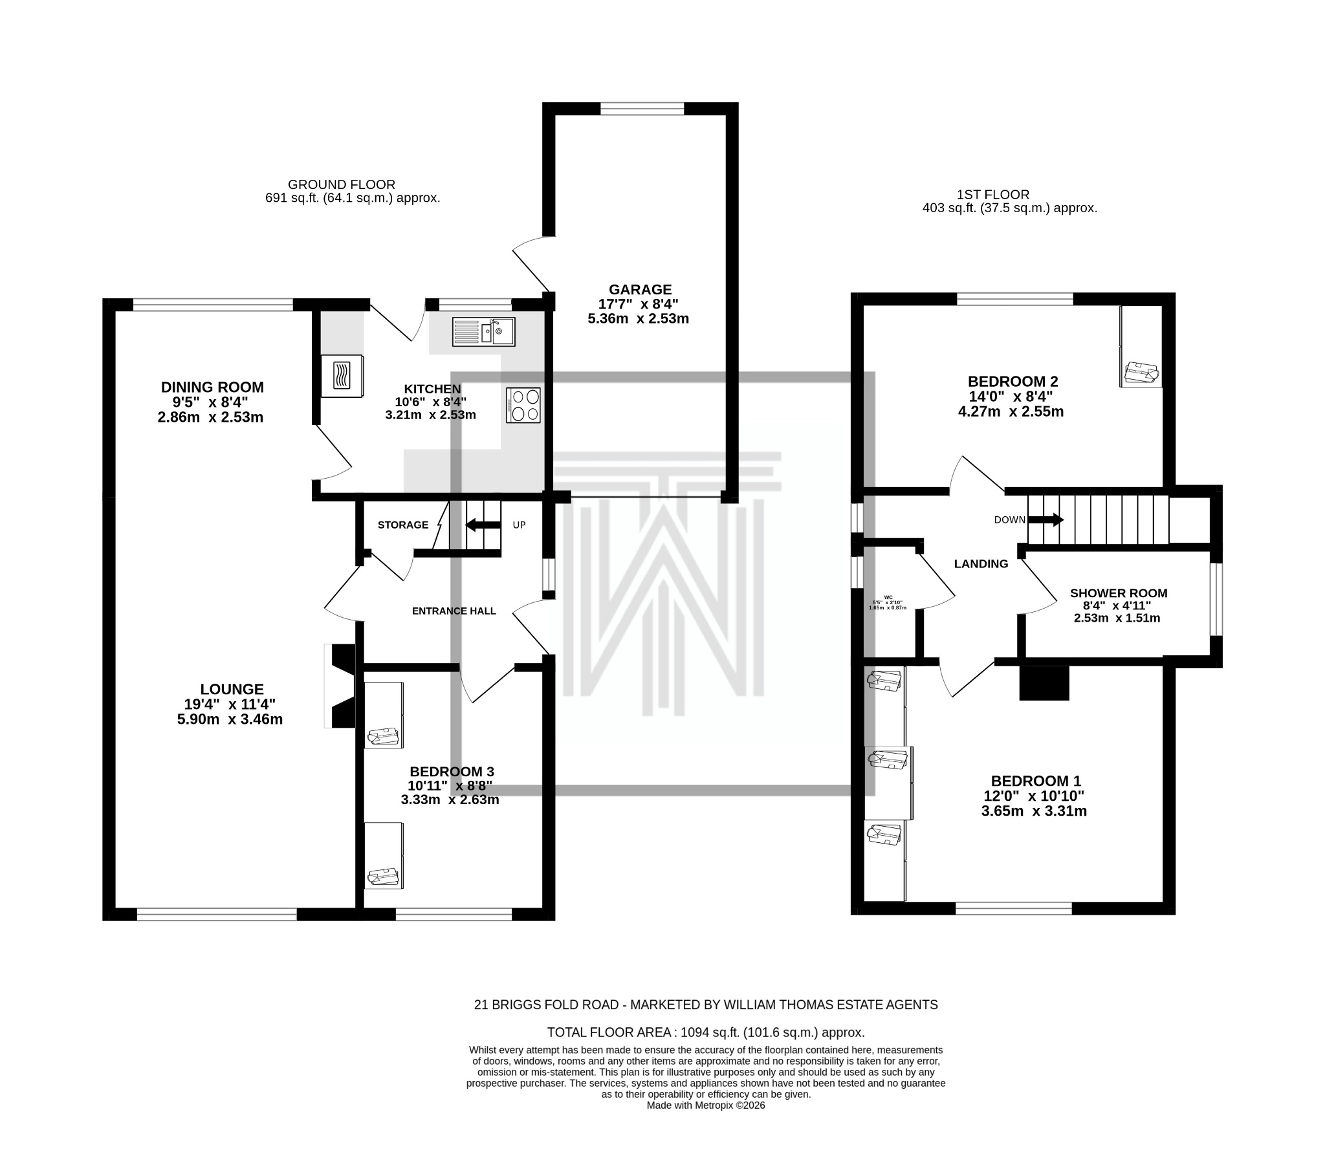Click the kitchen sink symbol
point(483,332)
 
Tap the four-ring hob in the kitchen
point(523,405)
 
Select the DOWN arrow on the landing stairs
point(1045,519)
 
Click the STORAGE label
point(402,525)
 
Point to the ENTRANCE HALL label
point(454,611)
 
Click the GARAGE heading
point(640,289)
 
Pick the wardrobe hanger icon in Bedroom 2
point(1141,373)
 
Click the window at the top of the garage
point(642,109)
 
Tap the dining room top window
point(213,305)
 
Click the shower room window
point(1217,599)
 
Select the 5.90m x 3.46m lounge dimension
point(230,719)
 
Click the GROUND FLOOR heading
point(341,185)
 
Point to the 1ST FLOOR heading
point(992,195)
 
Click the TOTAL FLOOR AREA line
point(705,1032)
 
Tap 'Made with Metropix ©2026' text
point(705,1106)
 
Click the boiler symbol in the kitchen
point(342,375)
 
